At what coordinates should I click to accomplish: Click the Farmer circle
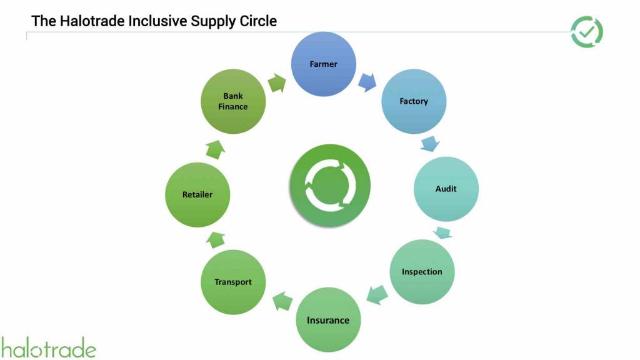click(x=324, y=64)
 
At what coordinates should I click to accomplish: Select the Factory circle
click(x=414, y=101)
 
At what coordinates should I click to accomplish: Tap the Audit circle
click(x=446, y=189)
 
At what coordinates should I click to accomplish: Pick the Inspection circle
click(x=422, y=272)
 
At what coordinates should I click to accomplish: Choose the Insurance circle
click(x=328, y=320)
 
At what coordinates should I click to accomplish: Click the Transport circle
click(x=233, y=282)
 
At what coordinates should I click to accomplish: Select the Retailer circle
click(x=197, y=194)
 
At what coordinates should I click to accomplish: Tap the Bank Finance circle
click(x=232, y=101)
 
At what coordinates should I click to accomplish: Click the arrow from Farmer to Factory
click(x=367, y=81)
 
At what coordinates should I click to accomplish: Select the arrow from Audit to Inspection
click(x=443, y=233)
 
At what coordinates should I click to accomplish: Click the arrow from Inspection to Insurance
click(x=376, y=295)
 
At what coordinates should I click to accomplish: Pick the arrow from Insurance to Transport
click(x=282, y=302)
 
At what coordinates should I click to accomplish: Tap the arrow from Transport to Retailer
click(x=216, y=238)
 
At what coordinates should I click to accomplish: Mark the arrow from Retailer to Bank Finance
click(x=214, y=149)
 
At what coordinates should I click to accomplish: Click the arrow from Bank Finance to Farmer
click(x=276, y=82)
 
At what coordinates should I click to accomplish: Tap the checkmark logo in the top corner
click(x=587, y=32)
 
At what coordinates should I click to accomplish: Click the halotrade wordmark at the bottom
click(x=49, y=347)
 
